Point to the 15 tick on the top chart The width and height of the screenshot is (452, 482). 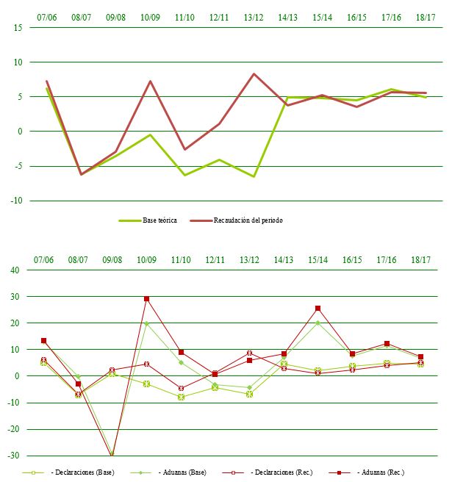click(18, 28)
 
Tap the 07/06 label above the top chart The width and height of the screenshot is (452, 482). click(46, 15)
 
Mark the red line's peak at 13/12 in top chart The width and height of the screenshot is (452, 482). click(254, 73)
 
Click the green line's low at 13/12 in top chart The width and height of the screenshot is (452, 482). click(254, 176)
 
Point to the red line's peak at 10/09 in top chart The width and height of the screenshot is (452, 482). click(151, 81)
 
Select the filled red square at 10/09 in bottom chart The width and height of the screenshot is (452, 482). click(147, 299)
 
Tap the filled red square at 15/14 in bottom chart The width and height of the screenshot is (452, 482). click(318, 309)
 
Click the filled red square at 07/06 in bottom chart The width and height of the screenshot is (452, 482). click(44, 341)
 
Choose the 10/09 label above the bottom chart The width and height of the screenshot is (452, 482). click(147, 259)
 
